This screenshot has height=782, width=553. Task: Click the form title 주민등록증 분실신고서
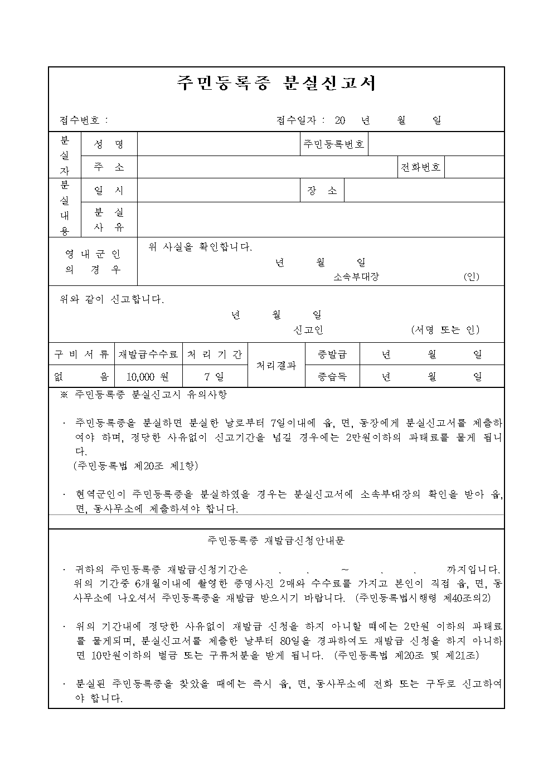pyautogui.click(x=276, y=83)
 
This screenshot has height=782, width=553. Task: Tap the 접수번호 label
pyautogui.click(x=81, y=120)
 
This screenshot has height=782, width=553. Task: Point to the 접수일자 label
pyautogui.click(x=296, y=120)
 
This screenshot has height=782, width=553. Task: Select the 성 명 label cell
pyautogui.click(x=109, y=144)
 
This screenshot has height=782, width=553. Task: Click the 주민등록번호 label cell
pyautogui.click(x=333, y=144)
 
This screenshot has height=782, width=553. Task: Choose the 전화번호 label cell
pyautogui.click(x=421, y=167)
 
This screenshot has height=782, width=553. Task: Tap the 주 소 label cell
pyautogui.click(x=109, y=167)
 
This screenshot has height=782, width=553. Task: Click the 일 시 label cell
pyautogui.click(x=109, y=191)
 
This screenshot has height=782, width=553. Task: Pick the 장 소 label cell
pyautogui.click(x=322, y=191)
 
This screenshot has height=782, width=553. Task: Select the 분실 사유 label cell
pyautogui.click(x=109, y=220)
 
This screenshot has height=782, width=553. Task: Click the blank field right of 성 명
pyautogui.click(x=218, y=144)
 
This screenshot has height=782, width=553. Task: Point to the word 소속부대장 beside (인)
pyautogui.click(x=356, y=277)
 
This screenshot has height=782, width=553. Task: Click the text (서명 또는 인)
pyautogui.click(x=445, y=330)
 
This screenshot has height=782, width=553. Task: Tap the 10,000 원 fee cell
pyautogui.click(x=148, y=377)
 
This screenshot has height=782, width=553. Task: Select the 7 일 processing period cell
pyautogui.click(x=215, y=377)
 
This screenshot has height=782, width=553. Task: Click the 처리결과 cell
pyautogui.click(x=276, y=366)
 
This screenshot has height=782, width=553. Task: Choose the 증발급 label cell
pyautogui.click(x=332, y=354)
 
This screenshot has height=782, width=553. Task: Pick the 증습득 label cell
pyautogui.click(x=332, y=377)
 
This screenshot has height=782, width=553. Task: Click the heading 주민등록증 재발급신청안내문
pyautogui.click(x=276, y=541)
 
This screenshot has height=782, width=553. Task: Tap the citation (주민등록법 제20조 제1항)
pyautogui.click(x=135, y=466)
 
